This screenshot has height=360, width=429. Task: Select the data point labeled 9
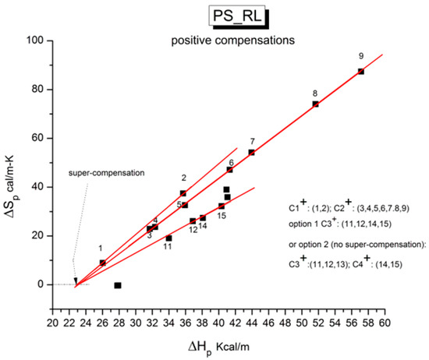(360, 71)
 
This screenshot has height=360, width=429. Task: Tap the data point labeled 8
(315, 104)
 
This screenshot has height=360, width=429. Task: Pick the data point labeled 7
(251, 152)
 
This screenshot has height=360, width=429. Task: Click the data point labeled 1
(102, 263)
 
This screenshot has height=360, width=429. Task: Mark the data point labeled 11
(168, 238)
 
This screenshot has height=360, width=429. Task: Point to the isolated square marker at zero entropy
(118, 285)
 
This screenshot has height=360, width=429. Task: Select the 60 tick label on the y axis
(38, 138)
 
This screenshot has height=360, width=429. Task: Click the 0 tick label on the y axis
(41, 284)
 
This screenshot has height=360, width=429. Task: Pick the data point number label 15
(222, 216)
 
